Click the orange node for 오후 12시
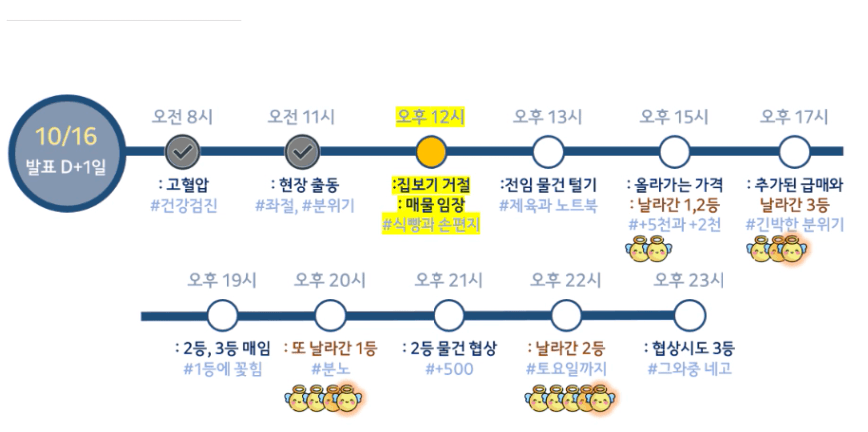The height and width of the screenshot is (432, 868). tap(431, 152)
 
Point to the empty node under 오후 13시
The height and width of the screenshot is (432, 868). tap(547, 152)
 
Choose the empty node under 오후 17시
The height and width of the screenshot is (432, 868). tap(794, 152)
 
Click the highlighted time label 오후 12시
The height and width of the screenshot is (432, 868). tap(431, 116)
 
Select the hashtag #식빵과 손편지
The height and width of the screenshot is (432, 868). tap(431, 225)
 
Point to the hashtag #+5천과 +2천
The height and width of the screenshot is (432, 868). tap(675, 225)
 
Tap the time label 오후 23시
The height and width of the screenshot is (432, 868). tap(688, 280)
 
